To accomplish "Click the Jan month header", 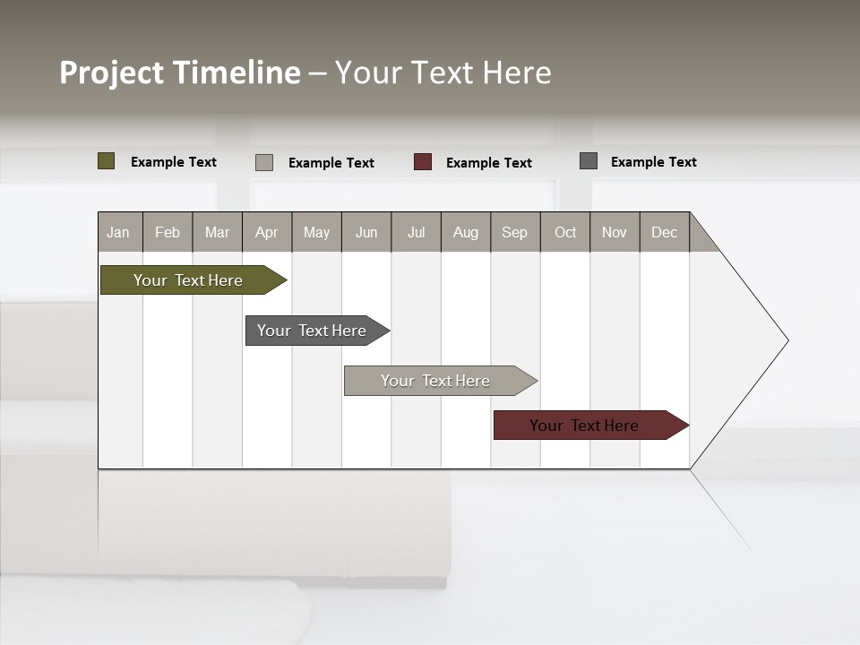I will click(119, 232).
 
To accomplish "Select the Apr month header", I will click(267, 232).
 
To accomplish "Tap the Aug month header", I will click(466, 232).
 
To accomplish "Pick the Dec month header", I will click(665, 232).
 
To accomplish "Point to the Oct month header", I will click(565, 232).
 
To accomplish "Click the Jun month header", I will click(366, 232).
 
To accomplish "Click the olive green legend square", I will click(106, 161).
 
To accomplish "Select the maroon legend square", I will click(423, 162).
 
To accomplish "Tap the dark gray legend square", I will click(589, 161).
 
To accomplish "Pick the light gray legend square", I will click(264, 162).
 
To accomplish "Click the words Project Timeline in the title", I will click(180, 73).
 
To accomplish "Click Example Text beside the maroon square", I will click(489, 163).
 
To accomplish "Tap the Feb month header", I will click(168, 232).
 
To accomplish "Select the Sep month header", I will click(515, 232).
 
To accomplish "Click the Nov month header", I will click(615, 232).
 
